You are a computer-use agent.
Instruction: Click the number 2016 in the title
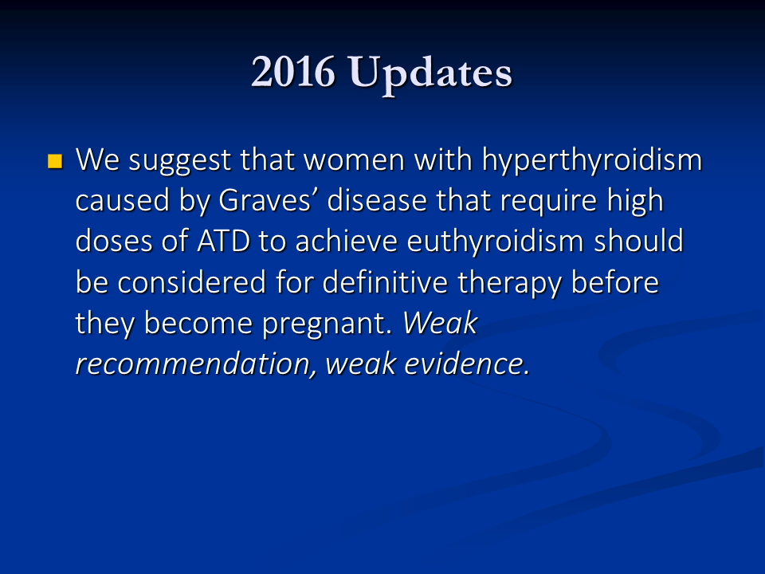pyautogui.click(x=293, y=72)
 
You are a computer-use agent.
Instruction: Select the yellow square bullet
pyautogui.click(x=55, y=161)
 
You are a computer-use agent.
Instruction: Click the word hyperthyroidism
pyautogui.click(x=592, y=160)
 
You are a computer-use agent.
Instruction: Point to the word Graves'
pyautogui.click(x=265, y=200)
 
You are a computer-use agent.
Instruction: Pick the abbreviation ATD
pyautogui.click(x=223, y=241)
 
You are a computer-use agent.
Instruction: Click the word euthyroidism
pyautogui.click(x=495, y=241)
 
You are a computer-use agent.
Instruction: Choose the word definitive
pyautogui.click(x=386, y=281)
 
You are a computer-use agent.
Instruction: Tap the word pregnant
pyautogui.click(x=327, y=324)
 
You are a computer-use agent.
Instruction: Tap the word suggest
pyautogui.click(x=179, y=161)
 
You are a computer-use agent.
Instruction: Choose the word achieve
pyautogui.click(x=347, y=241)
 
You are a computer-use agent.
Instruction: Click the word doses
pyautogui.click(x=114, y=241)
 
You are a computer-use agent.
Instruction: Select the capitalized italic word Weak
pyautogui.click(x=440, y=323)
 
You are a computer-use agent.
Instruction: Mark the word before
pyautogui.click(x=614, y=281)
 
